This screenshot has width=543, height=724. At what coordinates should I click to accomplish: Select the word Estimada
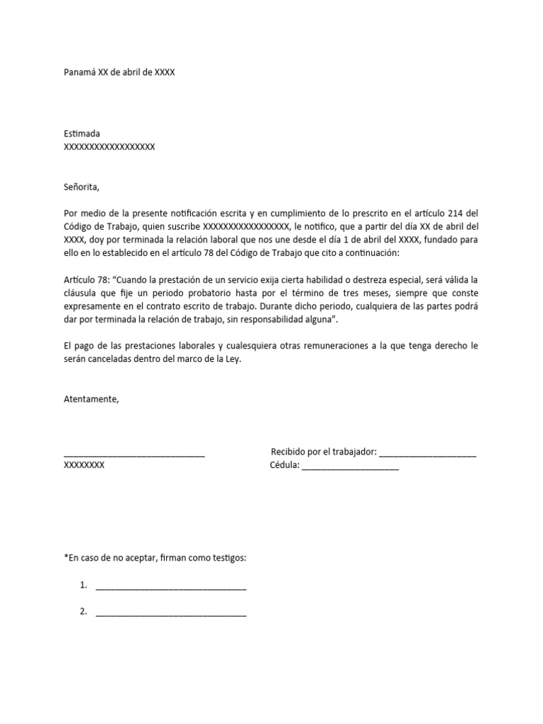point(82,134)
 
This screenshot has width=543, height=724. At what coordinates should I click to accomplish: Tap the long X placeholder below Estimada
point(109,147)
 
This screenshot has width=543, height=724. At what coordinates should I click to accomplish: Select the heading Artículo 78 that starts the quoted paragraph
point(86,281)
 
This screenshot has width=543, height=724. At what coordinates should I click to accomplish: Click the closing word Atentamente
point(91,399)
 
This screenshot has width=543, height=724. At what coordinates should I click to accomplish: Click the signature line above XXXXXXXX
point(134,455)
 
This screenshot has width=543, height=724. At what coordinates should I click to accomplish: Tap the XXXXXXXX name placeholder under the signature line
point(84,466)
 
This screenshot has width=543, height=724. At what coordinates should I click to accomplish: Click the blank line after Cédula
point(350,467)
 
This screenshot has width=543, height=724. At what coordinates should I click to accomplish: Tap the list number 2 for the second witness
point(83,612)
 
